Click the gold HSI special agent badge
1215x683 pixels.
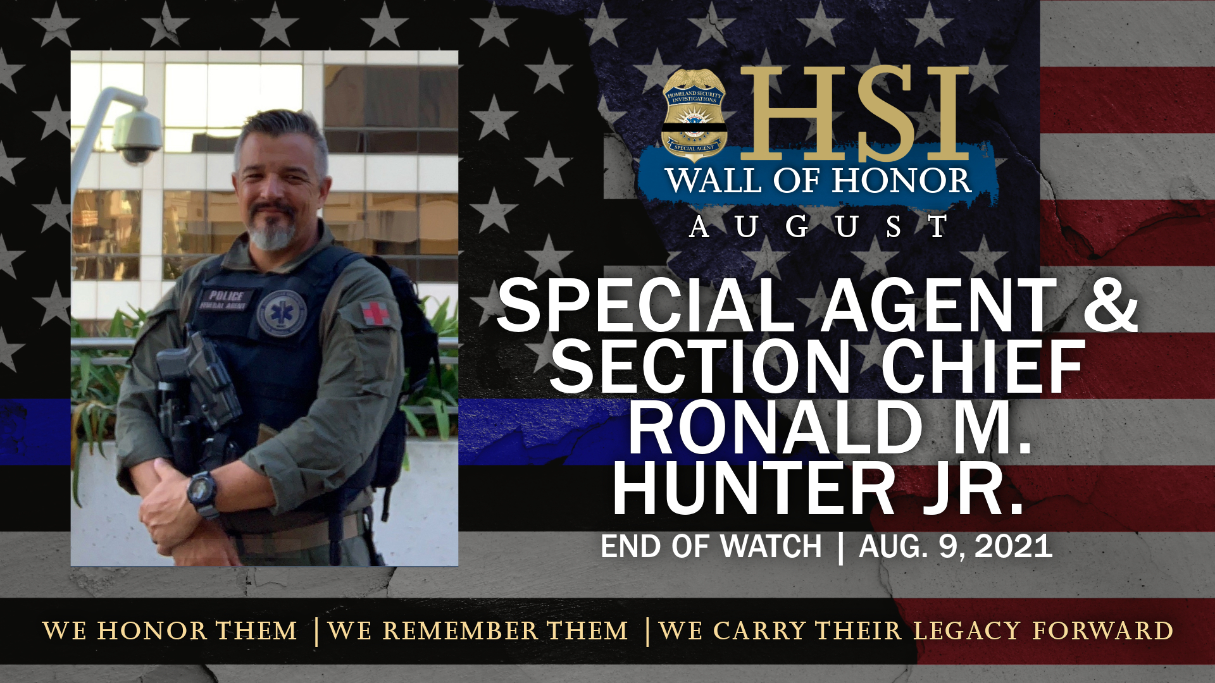point(694,115)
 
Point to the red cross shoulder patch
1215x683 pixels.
point(375,313)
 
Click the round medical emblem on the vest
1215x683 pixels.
point(282,313)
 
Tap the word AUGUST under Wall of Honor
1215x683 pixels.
point(819,226)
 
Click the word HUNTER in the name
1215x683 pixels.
point(753,488)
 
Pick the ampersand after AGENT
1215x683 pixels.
point(1111,306)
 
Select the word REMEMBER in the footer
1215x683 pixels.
point(460,631)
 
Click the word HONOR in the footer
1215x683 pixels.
point(152,631)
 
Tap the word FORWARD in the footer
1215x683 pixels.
point(1103,631)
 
